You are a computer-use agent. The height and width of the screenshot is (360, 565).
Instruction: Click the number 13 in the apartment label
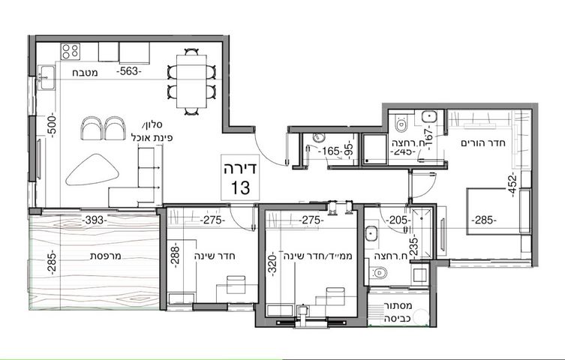(240, 187)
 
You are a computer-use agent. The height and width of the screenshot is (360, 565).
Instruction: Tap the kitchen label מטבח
(85, 73)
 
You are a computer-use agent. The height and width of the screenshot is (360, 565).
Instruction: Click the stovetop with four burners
(71, 51)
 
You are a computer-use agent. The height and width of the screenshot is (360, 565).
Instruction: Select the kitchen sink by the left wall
(46, 77)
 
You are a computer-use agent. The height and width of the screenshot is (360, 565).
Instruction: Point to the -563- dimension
(128, 71)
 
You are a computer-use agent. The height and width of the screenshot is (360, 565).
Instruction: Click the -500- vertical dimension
(53, 124)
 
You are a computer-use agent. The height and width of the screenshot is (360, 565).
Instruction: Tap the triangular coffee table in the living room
(92, 169)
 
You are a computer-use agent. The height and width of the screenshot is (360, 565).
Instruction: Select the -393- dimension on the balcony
(95, 220)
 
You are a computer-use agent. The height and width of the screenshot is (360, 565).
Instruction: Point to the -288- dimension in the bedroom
(175, 255)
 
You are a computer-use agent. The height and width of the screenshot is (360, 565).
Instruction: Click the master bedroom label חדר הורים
(483, 143)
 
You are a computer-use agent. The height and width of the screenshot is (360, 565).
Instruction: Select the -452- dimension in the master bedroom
(513, 184)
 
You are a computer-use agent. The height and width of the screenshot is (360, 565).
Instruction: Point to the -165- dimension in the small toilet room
(331, 151)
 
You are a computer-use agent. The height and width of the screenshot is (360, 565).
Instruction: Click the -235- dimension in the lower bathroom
(415, 244)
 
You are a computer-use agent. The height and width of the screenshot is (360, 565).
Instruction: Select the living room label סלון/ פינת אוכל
(153, 131)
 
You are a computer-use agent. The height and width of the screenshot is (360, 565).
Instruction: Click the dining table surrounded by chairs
(191, 81)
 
